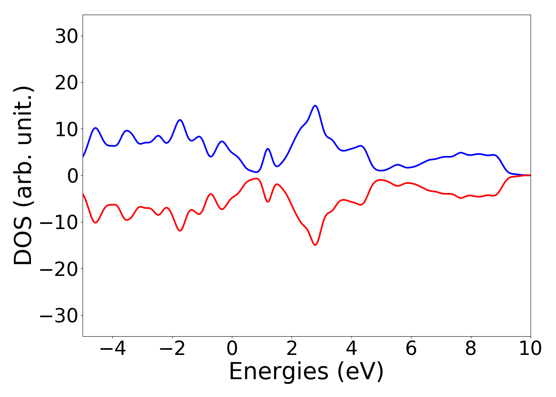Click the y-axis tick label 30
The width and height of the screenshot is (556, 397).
66,37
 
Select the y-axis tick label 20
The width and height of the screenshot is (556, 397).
66,83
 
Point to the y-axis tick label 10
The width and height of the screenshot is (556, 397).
66,129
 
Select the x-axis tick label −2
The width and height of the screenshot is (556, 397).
172,349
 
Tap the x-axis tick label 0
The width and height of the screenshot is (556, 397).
232,349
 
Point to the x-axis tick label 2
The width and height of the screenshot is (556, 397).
292,349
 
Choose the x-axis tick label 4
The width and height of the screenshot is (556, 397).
351,349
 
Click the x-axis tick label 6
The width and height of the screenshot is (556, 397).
411,349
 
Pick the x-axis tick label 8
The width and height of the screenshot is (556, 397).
471,349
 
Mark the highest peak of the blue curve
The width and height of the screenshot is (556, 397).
315,106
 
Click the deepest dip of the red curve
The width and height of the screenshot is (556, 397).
315,245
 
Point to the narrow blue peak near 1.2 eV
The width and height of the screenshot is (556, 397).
268,149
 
